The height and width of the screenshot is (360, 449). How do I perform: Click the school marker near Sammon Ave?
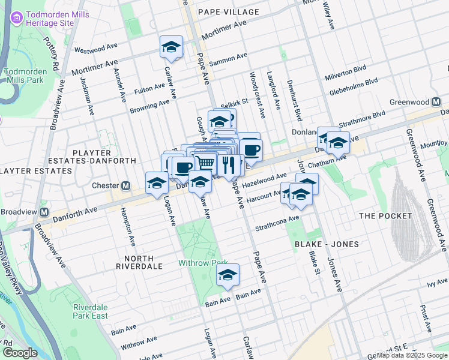coord(171,47)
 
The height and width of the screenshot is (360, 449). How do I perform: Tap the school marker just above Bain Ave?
coord(228,275)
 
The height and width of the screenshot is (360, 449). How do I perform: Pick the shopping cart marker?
coord(205,163)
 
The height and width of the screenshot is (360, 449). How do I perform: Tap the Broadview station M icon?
coord(43,212)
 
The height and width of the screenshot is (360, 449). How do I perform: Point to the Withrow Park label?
coord(203,263)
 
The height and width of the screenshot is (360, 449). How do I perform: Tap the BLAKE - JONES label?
coord(327,244)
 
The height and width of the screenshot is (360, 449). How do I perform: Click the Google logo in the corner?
coord(20,353)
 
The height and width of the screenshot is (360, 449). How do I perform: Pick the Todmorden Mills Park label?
coord(25,76)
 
